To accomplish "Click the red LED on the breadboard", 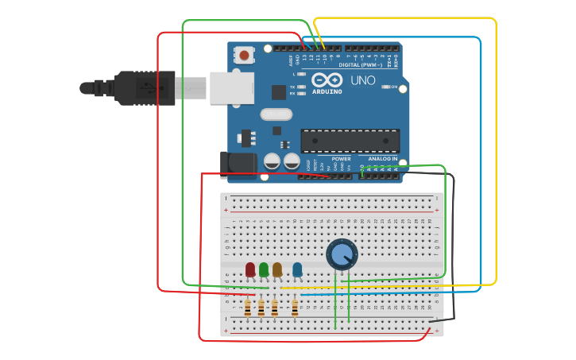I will click(x=250, y=269).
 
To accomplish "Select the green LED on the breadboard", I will click(x=264, y=269).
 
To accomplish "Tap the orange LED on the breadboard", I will click(x=277, y=269).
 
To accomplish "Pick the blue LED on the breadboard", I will click(x=297, y=269).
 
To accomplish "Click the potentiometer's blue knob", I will click(x=342, y=254).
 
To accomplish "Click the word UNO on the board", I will click(x=363, y=80).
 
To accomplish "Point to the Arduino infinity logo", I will click(x=326, y=80).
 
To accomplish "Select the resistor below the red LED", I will click(x=248, y=308).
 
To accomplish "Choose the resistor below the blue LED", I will click(x=295, y=308).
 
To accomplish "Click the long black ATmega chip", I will click(x=350, y=141).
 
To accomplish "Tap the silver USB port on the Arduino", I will click(x=231, y=87).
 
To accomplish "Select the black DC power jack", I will click(x=238, y=165).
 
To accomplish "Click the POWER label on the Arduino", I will click(x=341, y=159).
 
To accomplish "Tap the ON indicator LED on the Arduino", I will click(x=385, y=87).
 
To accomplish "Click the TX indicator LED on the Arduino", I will click(x=303, y=87).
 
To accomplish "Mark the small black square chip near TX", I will click(x=279, y=92).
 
